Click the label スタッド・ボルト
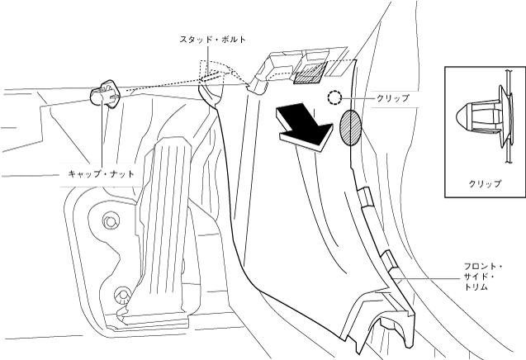(213, 40)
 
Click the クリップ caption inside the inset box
(484, 183)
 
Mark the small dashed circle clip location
(334, 97)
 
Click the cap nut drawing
(106, 93)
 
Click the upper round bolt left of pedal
(110, 220)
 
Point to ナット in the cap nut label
(121, 174)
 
